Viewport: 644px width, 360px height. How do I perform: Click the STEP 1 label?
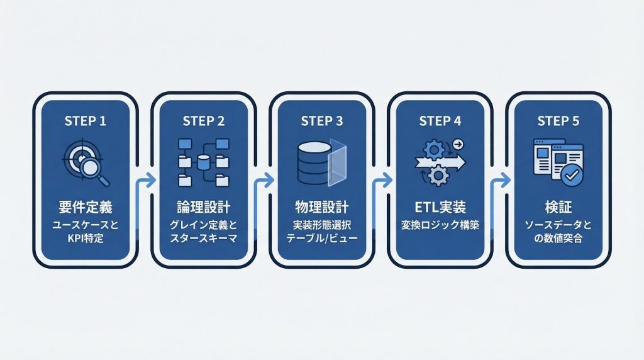(x=85, y=121)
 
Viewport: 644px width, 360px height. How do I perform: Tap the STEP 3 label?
(x=321, y=121)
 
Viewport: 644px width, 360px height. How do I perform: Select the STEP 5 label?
(x=558, y=121)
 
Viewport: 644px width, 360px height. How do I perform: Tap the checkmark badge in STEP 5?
(x=572, y=177)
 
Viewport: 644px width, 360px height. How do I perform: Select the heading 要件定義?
(x=85, y=208)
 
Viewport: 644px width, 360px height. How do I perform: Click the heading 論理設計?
(x=203, y=208)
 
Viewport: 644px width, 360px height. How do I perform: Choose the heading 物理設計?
(x=321, y=208)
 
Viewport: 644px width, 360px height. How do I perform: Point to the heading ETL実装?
(x=440, y=208)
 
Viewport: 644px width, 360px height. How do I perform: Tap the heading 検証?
(x=558, y=208)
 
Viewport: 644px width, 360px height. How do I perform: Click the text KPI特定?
(x=85, y=239)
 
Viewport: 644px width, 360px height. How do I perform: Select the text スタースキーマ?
(x=203, y=239)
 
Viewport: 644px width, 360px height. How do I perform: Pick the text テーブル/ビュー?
(x=321, y=239)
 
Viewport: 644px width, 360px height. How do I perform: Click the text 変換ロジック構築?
(x=440, y=225)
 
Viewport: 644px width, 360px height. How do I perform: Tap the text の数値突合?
(x=558, y=239)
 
